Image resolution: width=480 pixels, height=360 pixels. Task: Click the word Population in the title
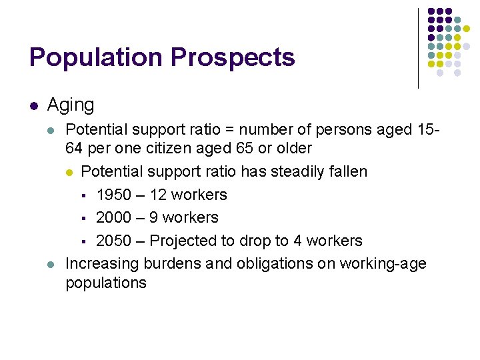[95, 57]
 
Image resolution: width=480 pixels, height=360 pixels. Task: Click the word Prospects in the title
[232, 57]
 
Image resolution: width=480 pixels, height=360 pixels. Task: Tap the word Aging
[71, 105]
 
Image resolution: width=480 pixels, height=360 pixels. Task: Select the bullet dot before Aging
[33, 105]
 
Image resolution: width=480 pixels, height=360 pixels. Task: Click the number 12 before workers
[158, 195]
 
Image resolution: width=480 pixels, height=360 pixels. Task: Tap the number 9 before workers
[153, 217]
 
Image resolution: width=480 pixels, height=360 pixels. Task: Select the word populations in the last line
[105, 283]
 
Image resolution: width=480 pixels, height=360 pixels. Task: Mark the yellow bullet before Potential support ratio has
[70, 172]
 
